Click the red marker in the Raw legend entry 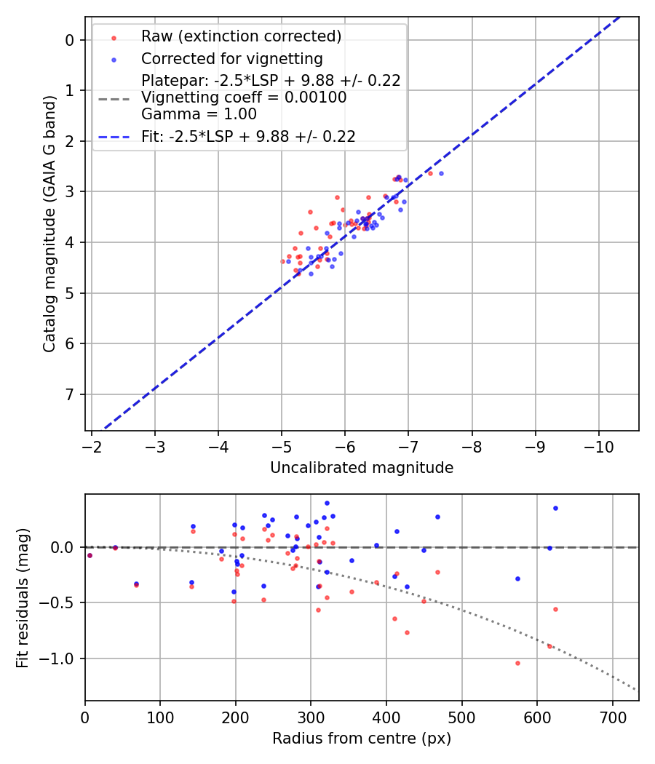pyautogui.click(x=114, y=36)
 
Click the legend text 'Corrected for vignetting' pyautogui.click(x=232, y=58)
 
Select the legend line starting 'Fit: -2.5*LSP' pyautogui.click(x=248, y=137)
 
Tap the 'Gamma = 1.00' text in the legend pyautogui.click(x=199, y=114)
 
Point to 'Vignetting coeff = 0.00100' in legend pyautogui.click(x=244, y=98)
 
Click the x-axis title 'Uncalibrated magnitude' pyautogui.click(x=362, y=468)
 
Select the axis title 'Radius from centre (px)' pyautogui.click(x=362, y=739)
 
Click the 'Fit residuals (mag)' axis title pyautogui.click(x=23, y=598)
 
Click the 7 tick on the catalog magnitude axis pyautogui.click(x=70, y=394)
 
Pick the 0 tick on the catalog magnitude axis pyautogui.click(x=70, y=40)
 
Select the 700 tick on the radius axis pyautogui.click(x=612, y=717)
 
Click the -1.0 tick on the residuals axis pyautogui.click(x=62, y=658)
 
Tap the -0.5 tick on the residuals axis pyautogui.click(x=62, y=602)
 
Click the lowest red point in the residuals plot pyautogui.click(x=517, y=663)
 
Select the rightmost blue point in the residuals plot pyautogui.click(x=555, y=508)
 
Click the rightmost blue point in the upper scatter pyautogui.click(x=441, y=173)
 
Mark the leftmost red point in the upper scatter pyautogui.click(x=282, y=261)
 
